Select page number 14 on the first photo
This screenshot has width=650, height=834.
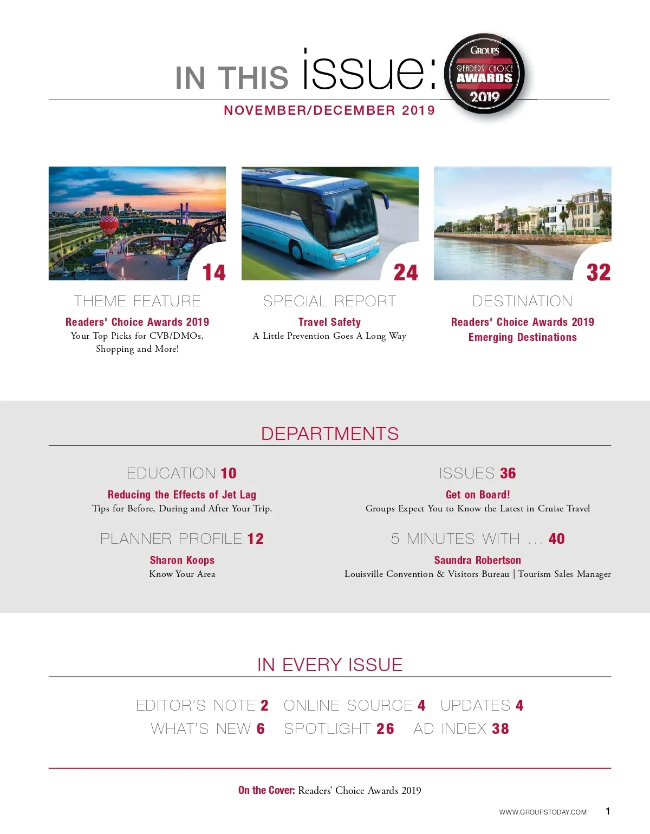214,272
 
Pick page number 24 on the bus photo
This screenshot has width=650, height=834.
406,272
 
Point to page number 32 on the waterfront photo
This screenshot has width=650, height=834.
599,272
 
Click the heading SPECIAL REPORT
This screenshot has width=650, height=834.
329,301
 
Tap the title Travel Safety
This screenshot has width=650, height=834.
329,322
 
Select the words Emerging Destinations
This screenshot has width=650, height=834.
522,337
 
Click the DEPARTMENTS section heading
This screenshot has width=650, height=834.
329,434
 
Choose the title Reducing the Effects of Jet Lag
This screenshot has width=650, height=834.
182,494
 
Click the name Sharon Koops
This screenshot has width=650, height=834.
182,560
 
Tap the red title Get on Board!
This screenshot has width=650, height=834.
478,494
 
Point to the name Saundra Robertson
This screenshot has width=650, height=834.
478,560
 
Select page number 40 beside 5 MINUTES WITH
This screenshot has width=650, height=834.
557,539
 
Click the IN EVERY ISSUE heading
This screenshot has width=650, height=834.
329,665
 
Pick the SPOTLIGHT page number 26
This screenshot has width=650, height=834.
385,728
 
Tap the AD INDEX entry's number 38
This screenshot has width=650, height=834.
500,728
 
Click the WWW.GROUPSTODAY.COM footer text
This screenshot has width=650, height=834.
543,812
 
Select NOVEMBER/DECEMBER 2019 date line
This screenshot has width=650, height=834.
329,110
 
